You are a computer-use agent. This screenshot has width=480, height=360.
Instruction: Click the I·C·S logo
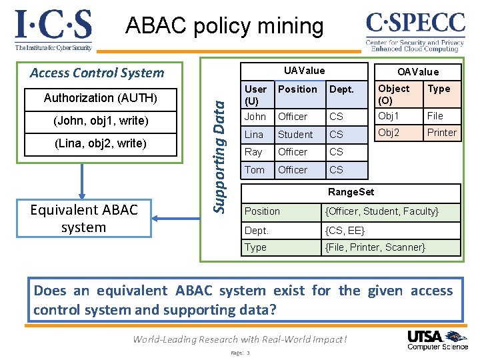(x=53, y=30)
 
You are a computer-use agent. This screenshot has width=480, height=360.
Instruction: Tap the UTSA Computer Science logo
(x=437, y=339)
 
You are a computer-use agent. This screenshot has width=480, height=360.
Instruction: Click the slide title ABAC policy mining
(x=225, y=26)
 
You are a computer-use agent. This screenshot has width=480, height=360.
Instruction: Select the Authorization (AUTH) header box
(x=101, y=98)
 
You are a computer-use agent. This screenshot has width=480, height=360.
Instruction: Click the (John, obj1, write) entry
(x=101, y=121)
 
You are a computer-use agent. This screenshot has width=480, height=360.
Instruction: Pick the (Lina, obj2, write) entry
(x=101, y=143)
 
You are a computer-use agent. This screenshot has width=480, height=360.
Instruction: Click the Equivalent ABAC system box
(x=84, y=219)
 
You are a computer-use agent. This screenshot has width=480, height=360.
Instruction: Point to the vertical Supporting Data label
(x=221, y=153)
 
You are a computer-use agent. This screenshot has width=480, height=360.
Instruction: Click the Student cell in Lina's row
(x=295, y=134)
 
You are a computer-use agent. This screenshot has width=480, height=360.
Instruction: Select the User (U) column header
(x=256, y=95)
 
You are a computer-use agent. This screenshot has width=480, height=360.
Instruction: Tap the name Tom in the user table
(x=255, y=170)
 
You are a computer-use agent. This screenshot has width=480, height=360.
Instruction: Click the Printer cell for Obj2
(x=441, y=132)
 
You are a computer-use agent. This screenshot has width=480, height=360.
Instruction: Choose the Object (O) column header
(x=394, y=95)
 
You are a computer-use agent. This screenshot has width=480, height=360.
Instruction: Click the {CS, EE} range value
(x=345, y=230)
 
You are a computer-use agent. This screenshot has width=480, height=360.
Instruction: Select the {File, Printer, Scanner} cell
(x=375, y=247)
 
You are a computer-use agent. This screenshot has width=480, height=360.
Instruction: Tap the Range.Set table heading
(x=351, y=193)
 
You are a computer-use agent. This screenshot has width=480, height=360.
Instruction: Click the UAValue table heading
(x=304, y=71)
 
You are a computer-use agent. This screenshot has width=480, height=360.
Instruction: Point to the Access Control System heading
(x=97, y=73)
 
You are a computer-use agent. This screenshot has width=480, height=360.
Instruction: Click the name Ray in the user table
(x=254, y=152)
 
